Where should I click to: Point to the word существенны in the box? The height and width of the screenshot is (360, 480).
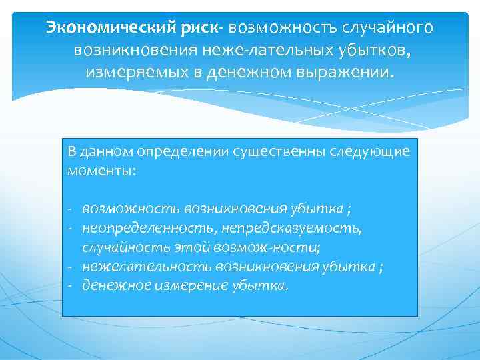pos(275,151)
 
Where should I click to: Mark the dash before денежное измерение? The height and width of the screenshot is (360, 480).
pos(70,286)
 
